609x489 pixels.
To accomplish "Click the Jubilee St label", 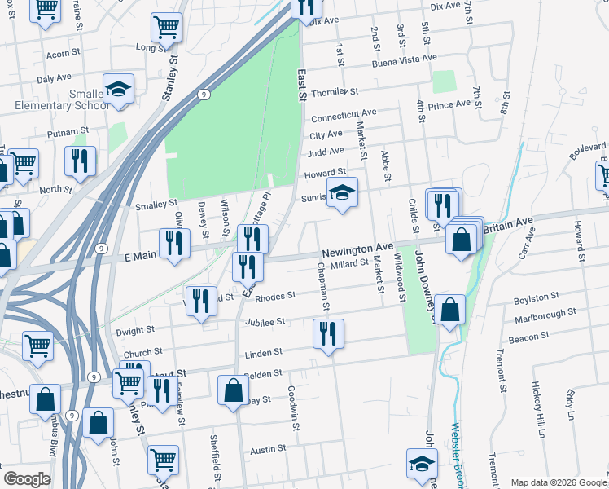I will (264, 322).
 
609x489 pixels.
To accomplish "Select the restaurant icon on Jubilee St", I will (328, 333).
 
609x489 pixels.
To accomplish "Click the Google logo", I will (27, 479).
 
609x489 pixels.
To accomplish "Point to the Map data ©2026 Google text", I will (558, 482).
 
